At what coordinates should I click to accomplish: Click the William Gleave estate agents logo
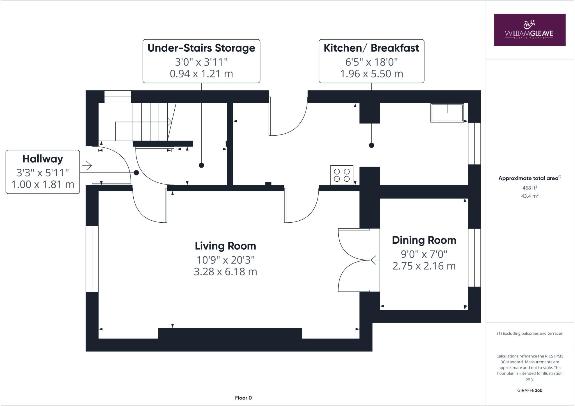530,30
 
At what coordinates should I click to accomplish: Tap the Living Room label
225,246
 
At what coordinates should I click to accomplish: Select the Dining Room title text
424,240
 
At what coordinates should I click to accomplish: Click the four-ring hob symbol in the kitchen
342,175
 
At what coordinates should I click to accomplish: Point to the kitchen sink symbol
447,113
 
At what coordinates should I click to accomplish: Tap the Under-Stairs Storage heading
201,48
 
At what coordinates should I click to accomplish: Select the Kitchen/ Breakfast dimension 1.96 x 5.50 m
371,74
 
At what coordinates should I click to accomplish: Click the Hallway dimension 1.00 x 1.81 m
43,184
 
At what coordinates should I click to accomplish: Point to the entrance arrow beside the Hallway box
87,166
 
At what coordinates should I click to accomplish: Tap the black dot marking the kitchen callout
371,145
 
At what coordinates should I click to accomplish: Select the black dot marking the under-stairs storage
201,165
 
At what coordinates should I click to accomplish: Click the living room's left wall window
92,259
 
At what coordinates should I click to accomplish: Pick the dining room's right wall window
474,257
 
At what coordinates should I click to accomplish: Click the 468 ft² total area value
530,188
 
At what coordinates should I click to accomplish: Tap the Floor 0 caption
243,398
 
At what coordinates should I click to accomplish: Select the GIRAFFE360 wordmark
530,390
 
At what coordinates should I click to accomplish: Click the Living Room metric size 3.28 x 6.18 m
225,272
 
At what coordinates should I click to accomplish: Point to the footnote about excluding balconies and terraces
530,334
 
